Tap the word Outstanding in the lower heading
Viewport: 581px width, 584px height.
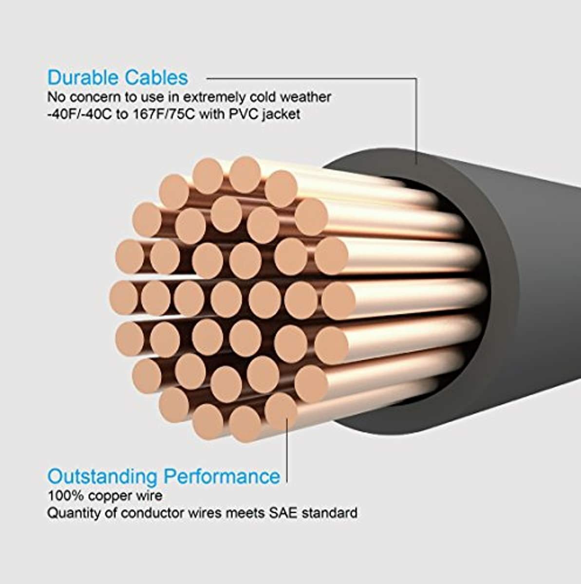coord(102,477)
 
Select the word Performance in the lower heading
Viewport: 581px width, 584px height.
coord(222,476)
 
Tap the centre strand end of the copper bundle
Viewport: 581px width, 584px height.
coord(226,300)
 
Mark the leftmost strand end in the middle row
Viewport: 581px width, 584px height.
coord(124,298)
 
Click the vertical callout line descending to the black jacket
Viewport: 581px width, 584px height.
coord(416,121)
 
